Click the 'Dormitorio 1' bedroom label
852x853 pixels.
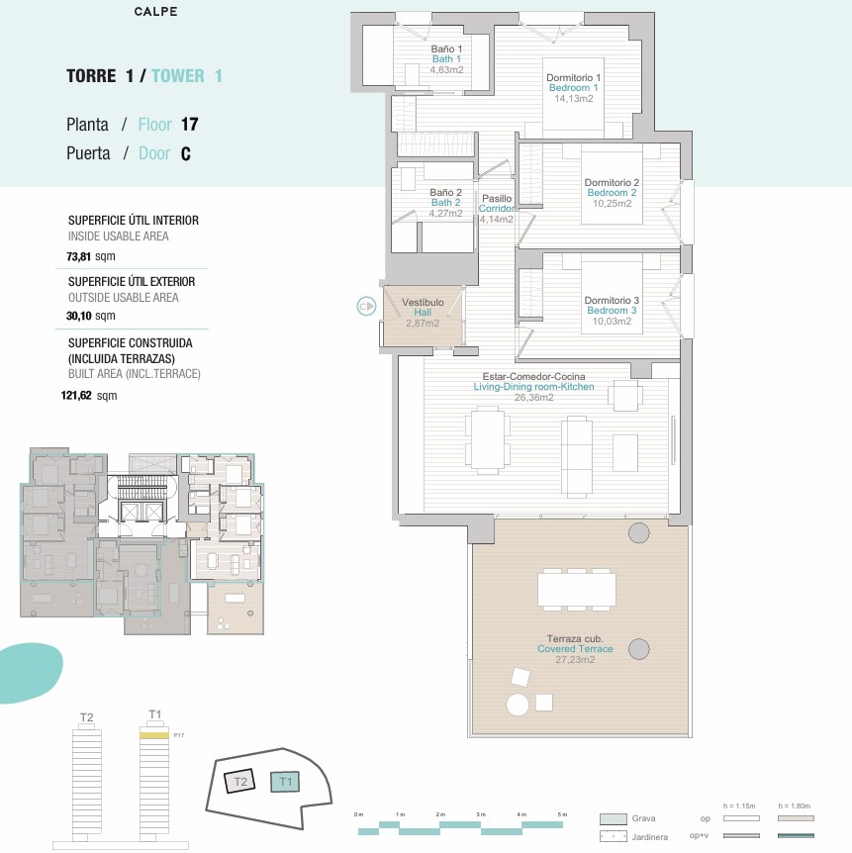574,77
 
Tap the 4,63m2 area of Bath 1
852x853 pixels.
446,69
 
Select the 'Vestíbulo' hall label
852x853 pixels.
423,302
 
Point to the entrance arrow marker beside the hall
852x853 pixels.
367,307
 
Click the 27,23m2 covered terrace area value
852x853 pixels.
575,660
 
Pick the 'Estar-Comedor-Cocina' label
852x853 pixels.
532,376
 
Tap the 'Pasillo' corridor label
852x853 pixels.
497,198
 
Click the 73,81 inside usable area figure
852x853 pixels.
79,255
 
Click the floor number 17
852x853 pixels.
189,125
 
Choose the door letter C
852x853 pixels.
185,153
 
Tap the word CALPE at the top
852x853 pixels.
155,13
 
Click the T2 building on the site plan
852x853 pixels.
238,782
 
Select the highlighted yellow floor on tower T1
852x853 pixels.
153,735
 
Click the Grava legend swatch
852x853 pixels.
613,818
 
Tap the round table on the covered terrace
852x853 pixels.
518,705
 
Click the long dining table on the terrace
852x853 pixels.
576,590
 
